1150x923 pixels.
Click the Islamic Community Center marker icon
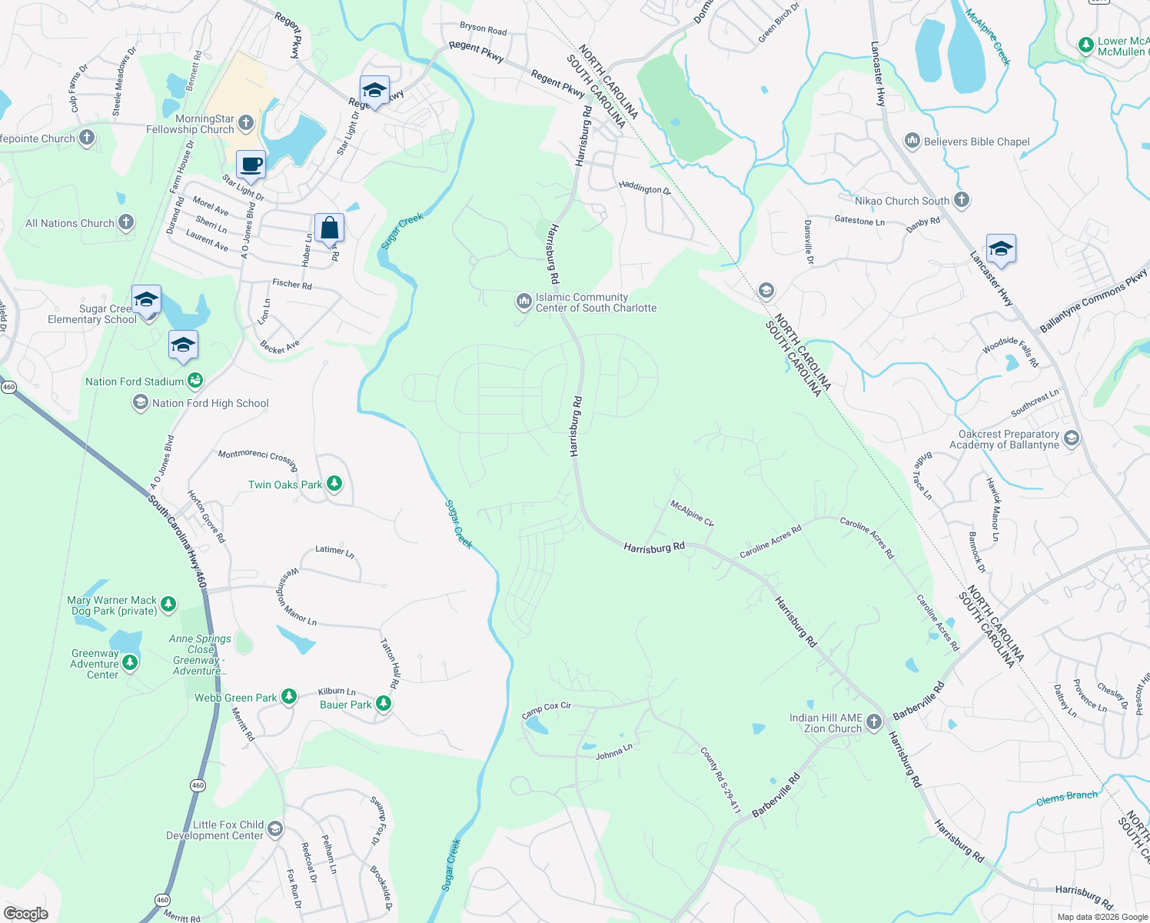click(x=523, y=301)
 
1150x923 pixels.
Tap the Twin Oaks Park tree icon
click(x=334, y=484)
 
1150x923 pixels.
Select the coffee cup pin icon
click(x=251, y=164)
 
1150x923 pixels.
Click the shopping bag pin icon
click(x=329, y=228)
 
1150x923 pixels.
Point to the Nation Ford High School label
click(x=210, y=403)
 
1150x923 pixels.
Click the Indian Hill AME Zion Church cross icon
click(x=874, y=722)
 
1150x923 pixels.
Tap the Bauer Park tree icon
click(x=384, y=704)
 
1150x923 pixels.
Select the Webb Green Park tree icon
click(x=289, y=697)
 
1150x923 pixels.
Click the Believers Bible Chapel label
click(x=976, y=142)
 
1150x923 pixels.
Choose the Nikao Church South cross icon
click(x=961, y=200)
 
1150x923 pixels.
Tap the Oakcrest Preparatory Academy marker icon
click(x=1072, y=439)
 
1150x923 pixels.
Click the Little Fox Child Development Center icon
click(x=275, y=829)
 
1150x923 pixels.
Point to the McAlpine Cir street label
click(x=692, y=513)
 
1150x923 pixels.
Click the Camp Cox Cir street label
click(x=547, y=710)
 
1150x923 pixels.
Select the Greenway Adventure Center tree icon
click(x=130, y=661)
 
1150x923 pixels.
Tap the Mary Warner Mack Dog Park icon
click(x=168, y=605)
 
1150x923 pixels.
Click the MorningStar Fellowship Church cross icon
click(x=246, y=122)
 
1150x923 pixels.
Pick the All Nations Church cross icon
click(x=126, y=222)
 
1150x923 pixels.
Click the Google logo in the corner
click(x=25, y=913)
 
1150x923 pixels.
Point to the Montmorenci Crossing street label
click(x=258, y=458)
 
